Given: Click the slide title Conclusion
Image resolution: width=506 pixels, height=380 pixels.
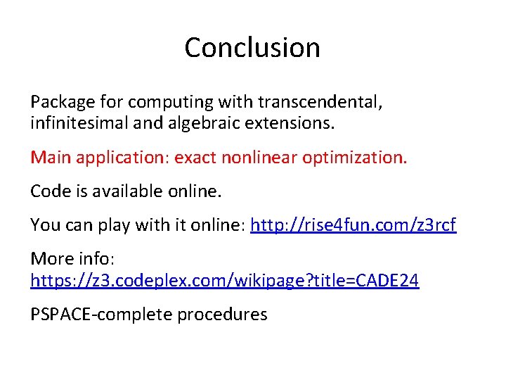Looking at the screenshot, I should pyautogui.click(x=252, y=47).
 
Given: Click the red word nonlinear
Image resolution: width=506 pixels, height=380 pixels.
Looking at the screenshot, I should pyautogui.click(x=260, y=156).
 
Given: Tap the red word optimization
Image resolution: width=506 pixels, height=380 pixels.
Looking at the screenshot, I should pyautogui.click(x=354, y=156).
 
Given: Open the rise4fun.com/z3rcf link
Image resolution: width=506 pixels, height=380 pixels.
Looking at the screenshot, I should pyautogui.click(x=353, y=225).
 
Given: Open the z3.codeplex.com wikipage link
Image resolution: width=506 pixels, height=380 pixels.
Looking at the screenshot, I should pyautogui.click(x=224, y=281).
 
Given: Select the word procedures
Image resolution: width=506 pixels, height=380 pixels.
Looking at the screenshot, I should pyautogui.click(x=222, y=315).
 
